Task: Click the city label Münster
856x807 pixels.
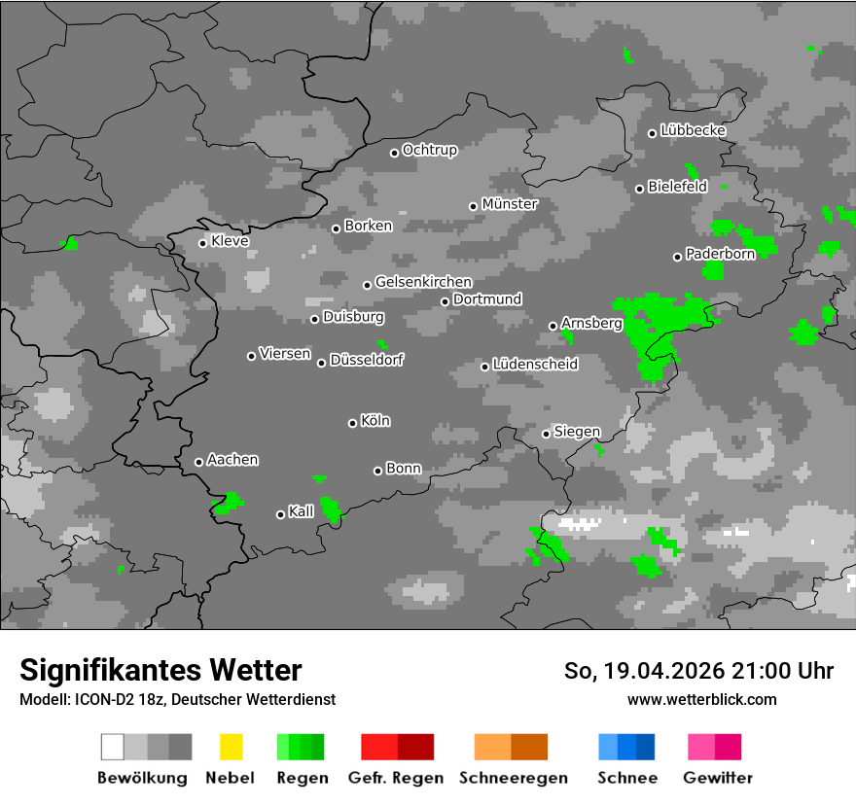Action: click(510, 204)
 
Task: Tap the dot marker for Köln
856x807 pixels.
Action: click(352, 423)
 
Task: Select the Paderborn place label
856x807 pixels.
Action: click(721, 254)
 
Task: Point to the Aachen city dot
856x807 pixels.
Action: click(198, 462)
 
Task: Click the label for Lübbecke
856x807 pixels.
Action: click(694, 130)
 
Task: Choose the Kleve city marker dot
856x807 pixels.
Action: click(202, 243)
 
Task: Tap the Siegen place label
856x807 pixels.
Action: click(577, 432)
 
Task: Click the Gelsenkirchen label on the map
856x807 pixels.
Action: click(423, 282)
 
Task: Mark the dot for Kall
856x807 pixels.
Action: click(280, 514)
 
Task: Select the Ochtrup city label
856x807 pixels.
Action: click(430, 150)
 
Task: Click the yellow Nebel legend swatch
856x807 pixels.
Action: click(231, 747)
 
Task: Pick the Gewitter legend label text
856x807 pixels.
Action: click(718, 778)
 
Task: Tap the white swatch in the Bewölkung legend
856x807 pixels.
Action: click(113, 747)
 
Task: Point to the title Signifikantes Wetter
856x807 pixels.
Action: click(160, 670)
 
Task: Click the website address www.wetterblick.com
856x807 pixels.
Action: click(702, 699)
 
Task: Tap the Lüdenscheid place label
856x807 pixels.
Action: click(535, 365)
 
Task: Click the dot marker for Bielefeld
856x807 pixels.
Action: click(639, 189)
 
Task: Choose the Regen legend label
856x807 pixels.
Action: click(301, 778)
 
